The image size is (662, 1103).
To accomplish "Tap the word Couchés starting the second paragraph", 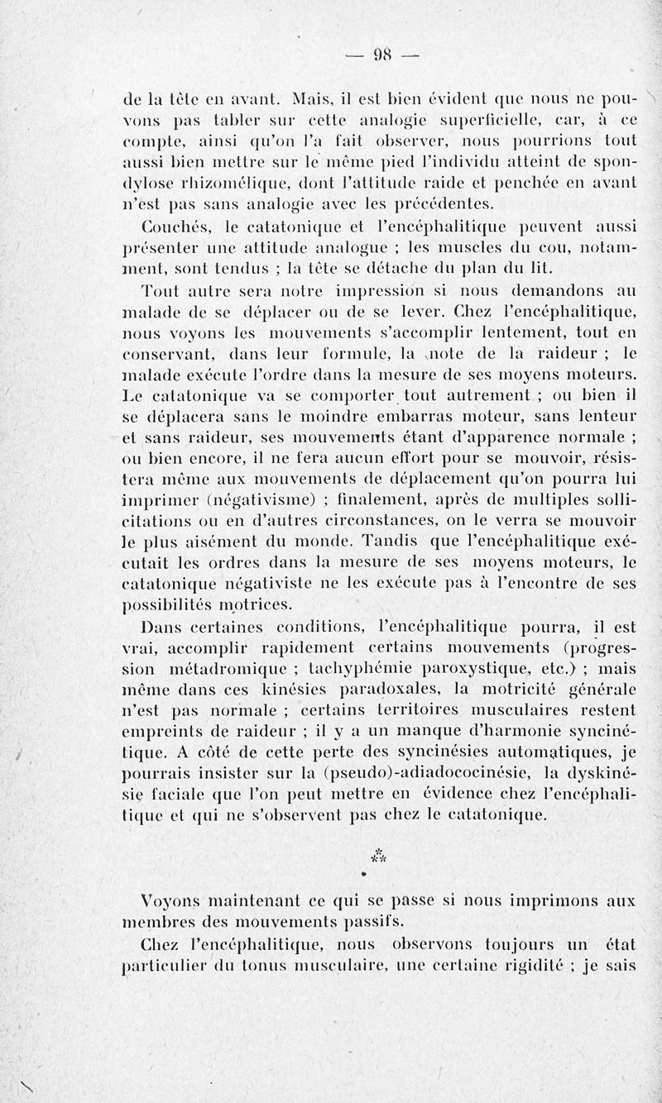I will point(171,226).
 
